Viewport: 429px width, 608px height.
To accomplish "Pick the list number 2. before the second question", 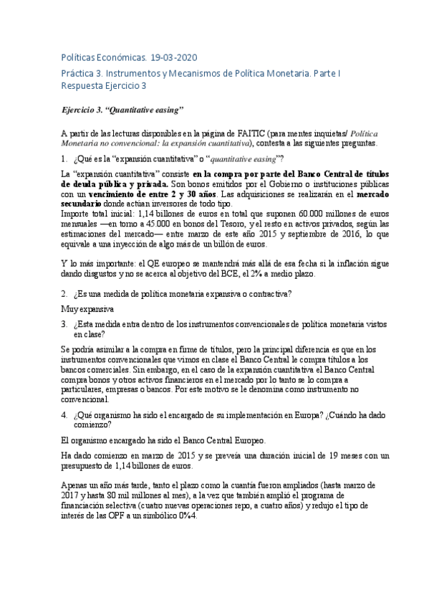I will [x=64, y=294].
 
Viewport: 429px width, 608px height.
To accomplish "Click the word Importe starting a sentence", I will [x=77, y=214].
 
